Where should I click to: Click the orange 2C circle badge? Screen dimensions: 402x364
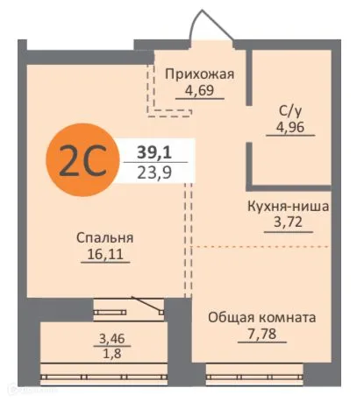[82, 161]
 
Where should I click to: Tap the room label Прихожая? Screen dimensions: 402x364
[200, 74]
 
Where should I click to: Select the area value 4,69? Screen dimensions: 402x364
[200, 90]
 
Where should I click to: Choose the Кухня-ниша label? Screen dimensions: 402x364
[288, 208]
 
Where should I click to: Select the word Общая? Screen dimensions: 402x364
[233, 316]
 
